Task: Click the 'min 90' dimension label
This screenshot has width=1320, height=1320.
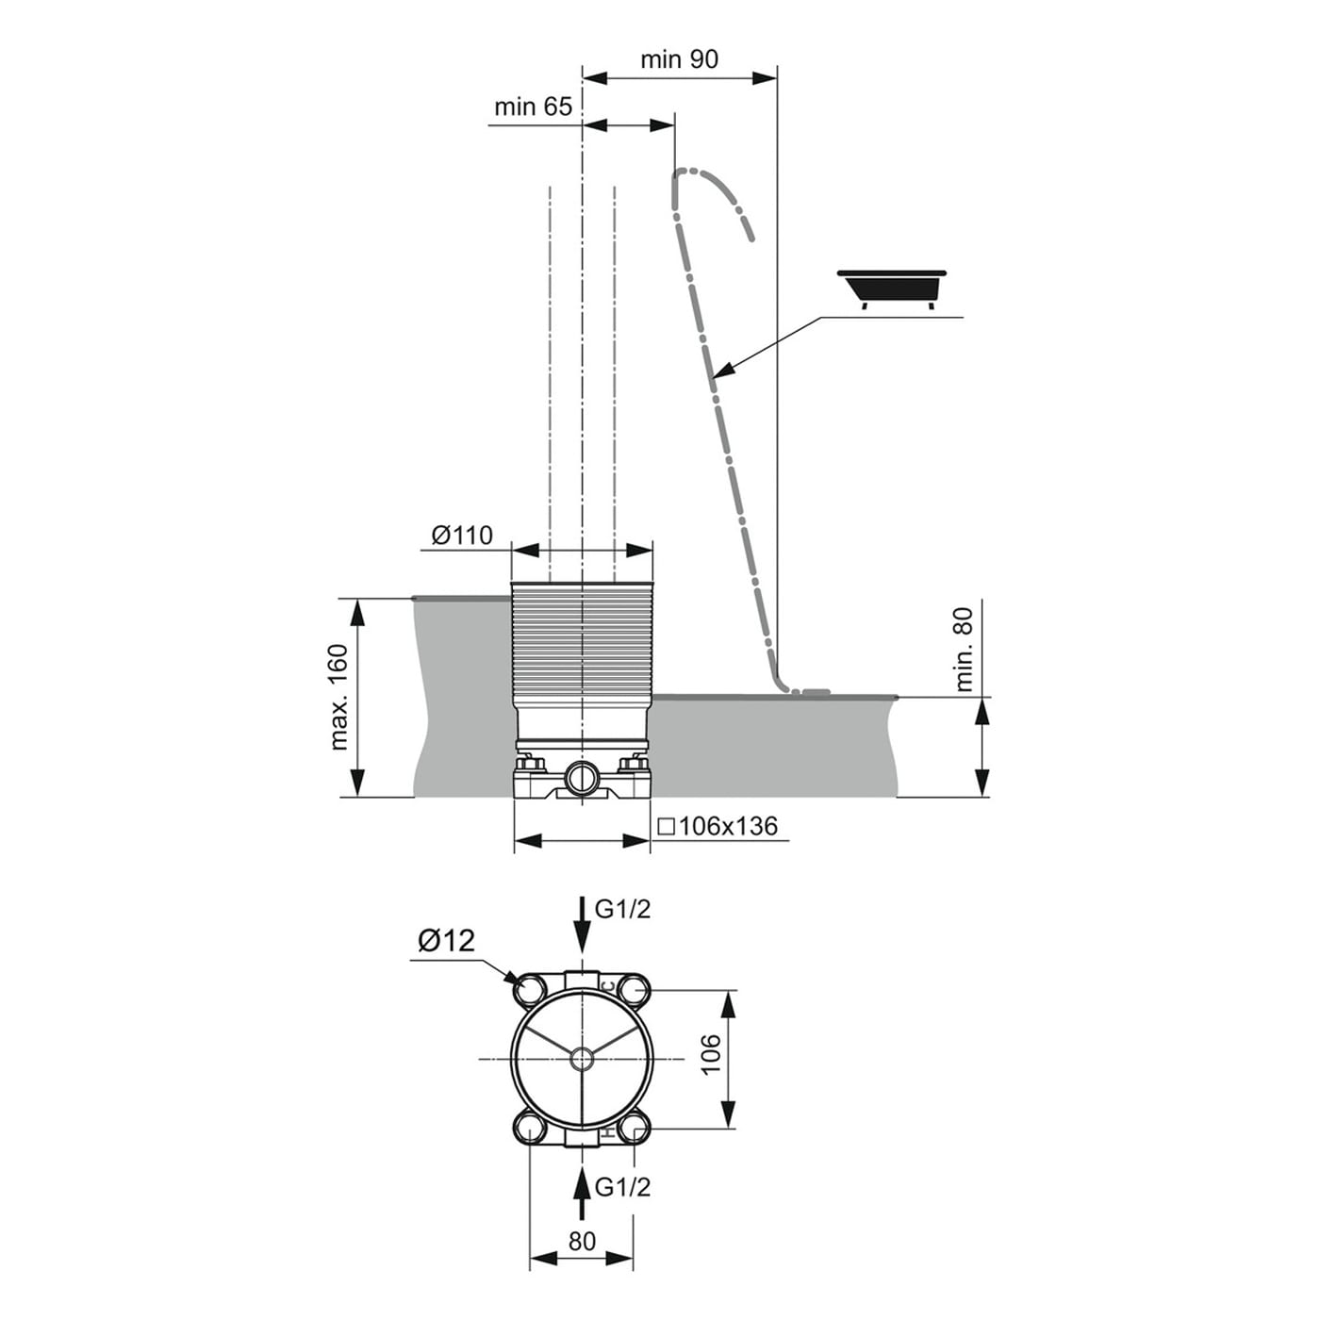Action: (679, 59)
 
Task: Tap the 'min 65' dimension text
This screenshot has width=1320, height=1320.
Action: (533, 107)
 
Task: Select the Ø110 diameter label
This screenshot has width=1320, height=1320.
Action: (462, 535)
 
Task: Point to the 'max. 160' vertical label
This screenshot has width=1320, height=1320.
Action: (339, 698)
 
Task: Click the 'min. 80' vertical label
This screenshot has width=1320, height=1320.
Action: (963, 650)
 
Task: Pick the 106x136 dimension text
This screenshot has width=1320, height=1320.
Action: (718, 827)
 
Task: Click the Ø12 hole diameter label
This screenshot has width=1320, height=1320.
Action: (447, 941)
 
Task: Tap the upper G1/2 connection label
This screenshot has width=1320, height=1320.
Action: (622, 909)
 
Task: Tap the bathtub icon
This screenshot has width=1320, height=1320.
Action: (892, 289)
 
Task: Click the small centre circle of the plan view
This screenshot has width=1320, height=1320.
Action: (583, 1059)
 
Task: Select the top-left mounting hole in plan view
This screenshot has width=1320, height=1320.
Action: (532, 989)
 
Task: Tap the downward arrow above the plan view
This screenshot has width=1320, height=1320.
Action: (583, 922)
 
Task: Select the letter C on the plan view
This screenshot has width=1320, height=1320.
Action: (607, 985)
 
